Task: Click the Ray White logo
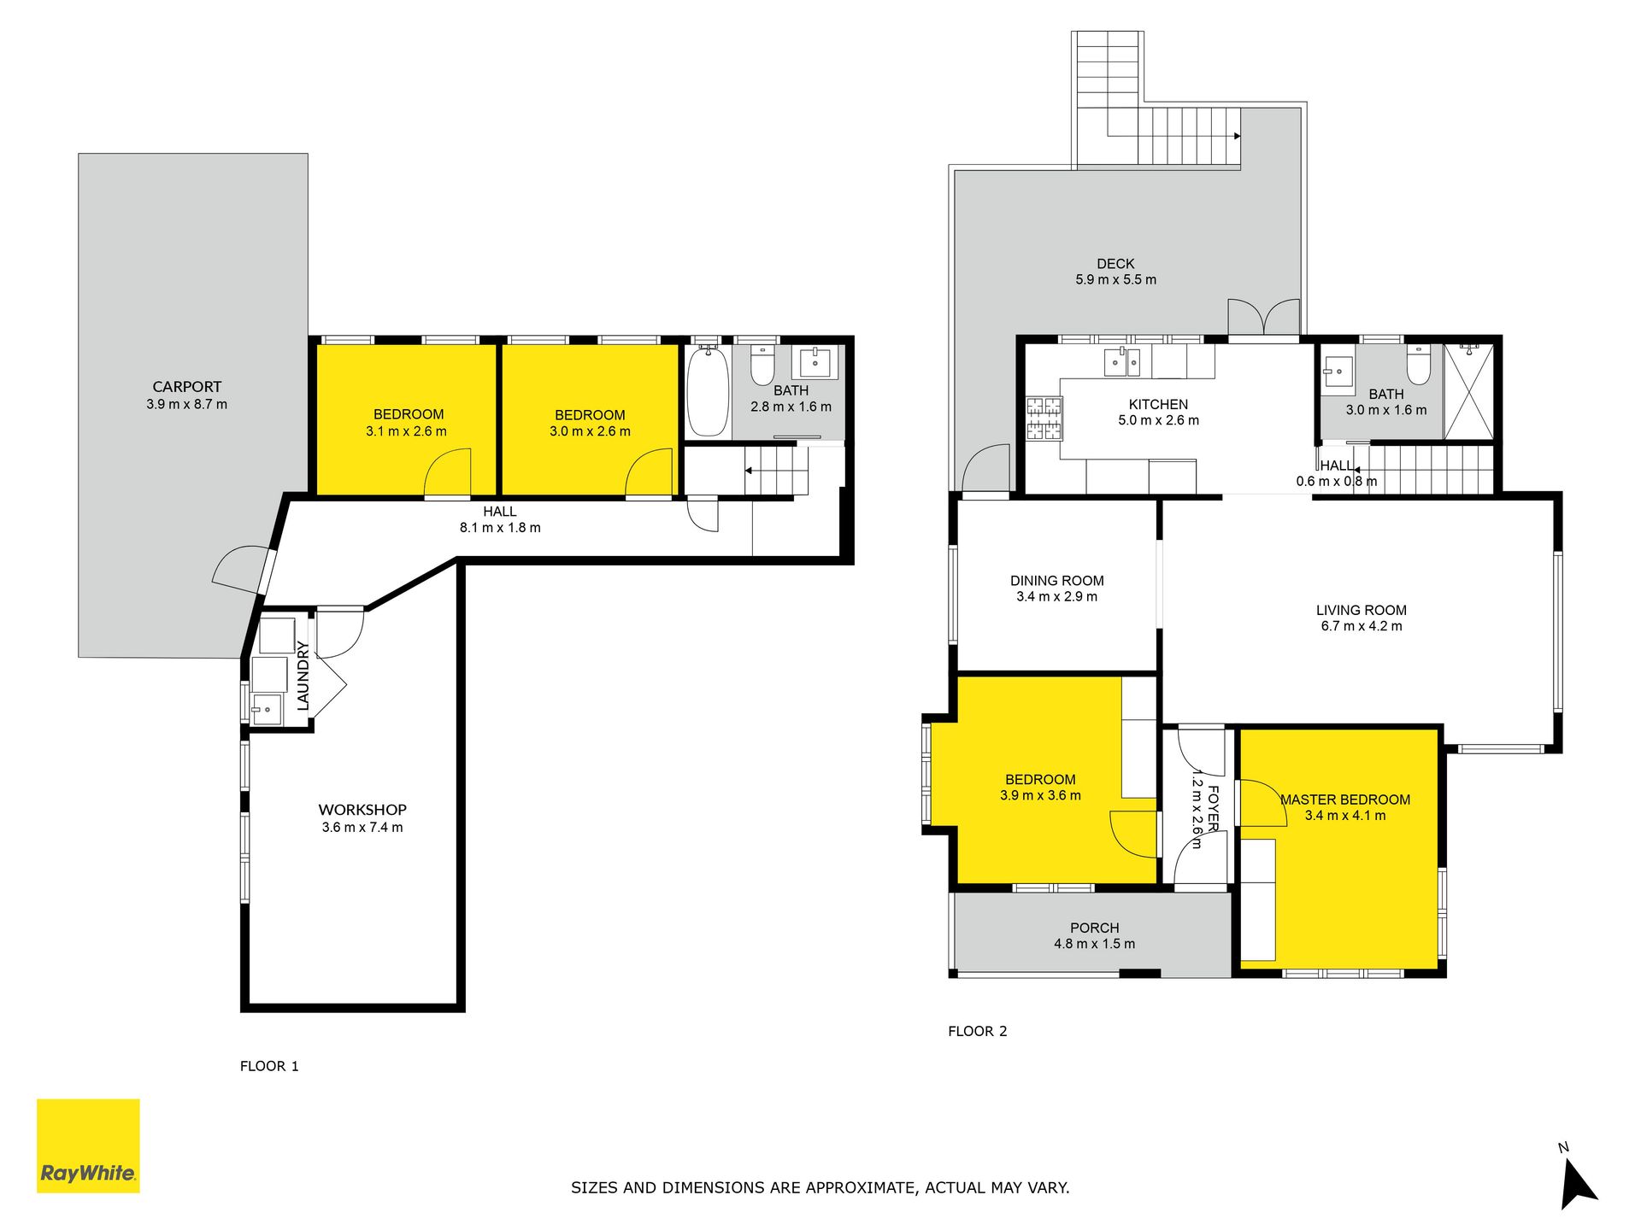(88, 1145)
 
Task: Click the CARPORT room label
(186, 387)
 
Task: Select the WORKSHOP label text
(362, 810)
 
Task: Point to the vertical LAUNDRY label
(303, 676)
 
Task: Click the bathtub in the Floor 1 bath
(708, 390)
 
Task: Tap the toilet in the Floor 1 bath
(762, 365)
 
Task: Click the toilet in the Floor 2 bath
(1419, 365)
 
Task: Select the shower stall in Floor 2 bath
(1469, 392)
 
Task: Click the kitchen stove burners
(1044, 419)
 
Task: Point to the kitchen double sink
(1122, 362)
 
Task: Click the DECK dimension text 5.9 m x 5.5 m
(1115, 280)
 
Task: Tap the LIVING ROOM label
(1361, 610)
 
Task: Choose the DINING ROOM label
(1056, 581)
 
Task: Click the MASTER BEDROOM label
(1345, 799)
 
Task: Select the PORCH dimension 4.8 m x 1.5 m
(1094, 944)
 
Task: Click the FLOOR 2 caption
(977, 1031)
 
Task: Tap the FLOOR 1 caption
(269, 1066)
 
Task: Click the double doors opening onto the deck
(1264, 318)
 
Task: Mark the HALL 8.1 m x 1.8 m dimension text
(500, 528)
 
